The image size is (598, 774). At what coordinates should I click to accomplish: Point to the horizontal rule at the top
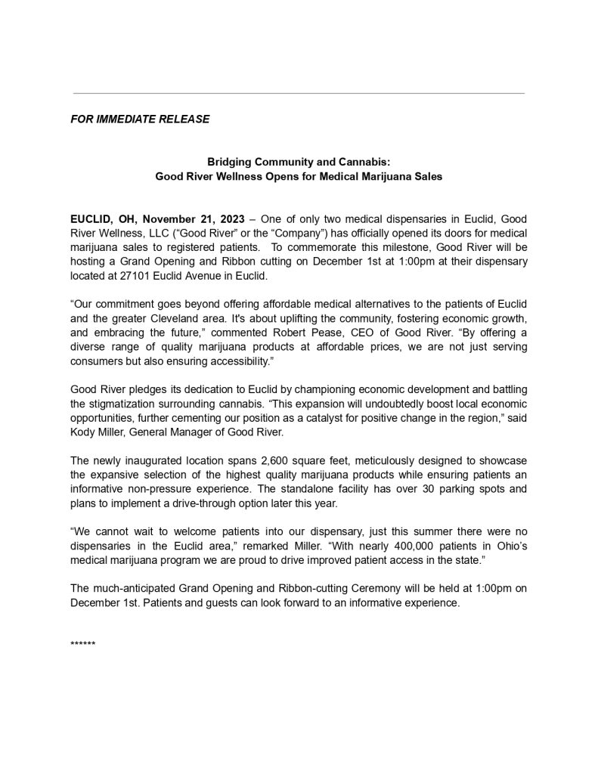click(x=298, y=93)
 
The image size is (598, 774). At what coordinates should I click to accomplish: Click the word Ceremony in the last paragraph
click(x=326, y=588)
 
